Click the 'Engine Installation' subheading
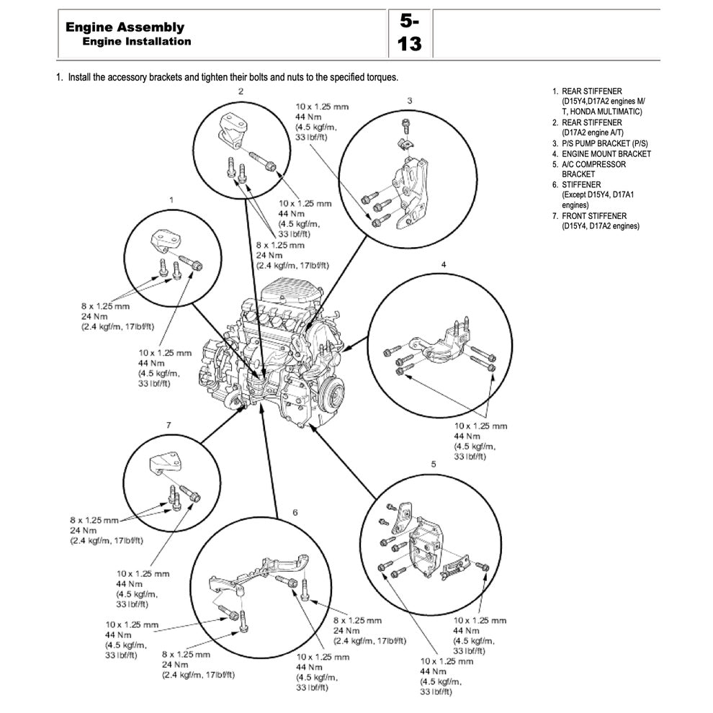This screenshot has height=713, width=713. [x=137, y=41]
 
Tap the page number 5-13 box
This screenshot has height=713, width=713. [x=409, y=33]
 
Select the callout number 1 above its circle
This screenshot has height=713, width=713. [x=171, y=198]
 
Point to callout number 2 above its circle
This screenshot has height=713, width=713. [x=241, y=91]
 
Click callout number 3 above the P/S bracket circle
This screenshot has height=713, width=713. [x=409, y=100]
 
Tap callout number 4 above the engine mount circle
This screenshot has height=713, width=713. [x=444, y=265]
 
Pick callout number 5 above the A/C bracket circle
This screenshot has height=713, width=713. [x=433, y=464]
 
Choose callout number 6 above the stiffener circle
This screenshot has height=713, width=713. [x=295, y=513]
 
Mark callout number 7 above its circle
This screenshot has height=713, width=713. [x=169, y=425]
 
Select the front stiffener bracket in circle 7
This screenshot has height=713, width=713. [x=164, y=463]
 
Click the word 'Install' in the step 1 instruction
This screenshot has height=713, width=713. [x=79, y=76]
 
